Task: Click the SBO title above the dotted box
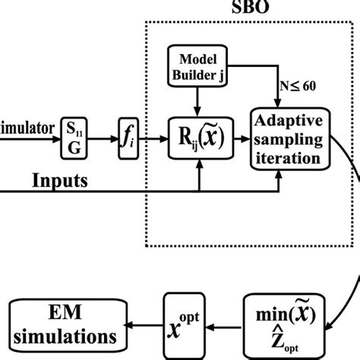point(249,7)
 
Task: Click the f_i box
point(128,141)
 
